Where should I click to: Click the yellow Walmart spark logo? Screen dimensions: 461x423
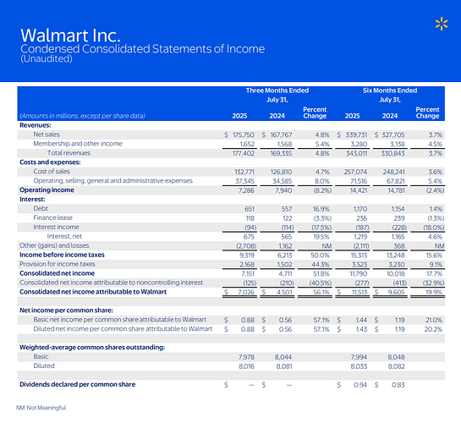coord(442,24)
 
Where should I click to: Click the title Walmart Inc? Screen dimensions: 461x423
coord(70,36)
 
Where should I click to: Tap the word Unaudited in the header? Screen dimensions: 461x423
coord(47,58)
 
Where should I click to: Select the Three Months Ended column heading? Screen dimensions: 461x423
coord(277,91)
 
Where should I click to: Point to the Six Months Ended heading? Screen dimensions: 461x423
coord(390,91)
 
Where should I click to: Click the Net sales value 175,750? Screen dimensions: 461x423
coord(244,135)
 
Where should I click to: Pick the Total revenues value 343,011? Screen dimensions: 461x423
coord(356,153)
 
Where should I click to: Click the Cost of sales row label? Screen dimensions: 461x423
coord(52,172)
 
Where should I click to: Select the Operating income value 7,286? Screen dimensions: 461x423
coord(246,190)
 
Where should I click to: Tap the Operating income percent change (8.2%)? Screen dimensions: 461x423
coord(322,190)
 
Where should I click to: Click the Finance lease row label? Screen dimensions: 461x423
coord(53,217)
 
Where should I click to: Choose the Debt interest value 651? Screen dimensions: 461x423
coord(250,209)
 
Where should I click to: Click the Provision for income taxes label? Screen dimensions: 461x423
coord(58,264)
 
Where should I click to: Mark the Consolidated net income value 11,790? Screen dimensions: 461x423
coord(359,274)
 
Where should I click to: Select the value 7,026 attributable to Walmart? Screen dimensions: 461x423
coord(246,293)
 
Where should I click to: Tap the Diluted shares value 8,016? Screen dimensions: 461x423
coord(246,366)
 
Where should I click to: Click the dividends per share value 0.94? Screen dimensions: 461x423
coord(360,385)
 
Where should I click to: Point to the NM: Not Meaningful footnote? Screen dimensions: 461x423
coord(41,408)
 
